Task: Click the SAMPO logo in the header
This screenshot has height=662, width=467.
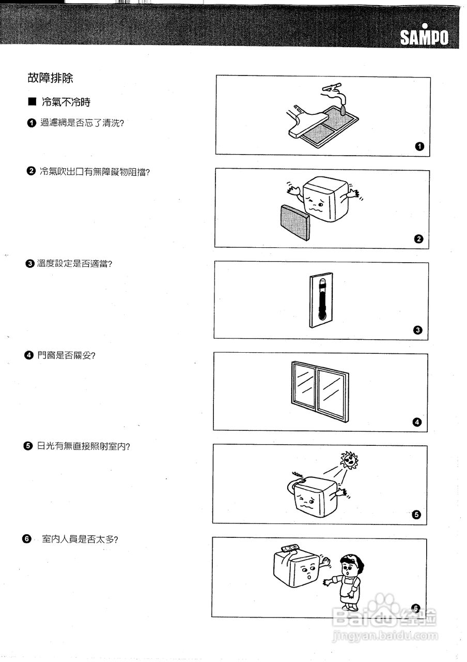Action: pos(424,36)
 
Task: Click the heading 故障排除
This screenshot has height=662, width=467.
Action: pos(50,78)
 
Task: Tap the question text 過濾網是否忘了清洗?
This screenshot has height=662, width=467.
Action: pos(82,123)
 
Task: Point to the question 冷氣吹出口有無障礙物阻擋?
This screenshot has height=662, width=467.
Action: pos(95,172)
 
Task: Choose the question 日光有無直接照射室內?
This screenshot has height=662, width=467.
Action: pos(83,446)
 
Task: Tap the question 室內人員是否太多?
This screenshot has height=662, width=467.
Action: pos(80,539)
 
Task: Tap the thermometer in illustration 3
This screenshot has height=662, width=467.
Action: pos(321,300)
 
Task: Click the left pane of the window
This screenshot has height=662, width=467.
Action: pos(304,388)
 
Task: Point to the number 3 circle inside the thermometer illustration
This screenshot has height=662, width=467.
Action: pos(418,330)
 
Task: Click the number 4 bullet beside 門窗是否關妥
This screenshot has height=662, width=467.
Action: pos(29,355)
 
